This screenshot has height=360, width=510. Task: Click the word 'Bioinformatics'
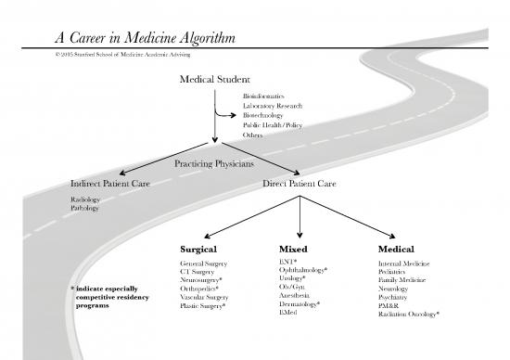click(x=263, y=96)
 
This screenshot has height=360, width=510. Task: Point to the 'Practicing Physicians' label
click(x=213, y=164)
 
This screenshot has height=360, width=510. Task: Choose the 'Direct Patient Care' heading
click(x=300, y=183)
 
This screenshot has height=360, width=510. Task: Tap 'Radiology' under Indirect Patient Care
click(x=85, y=199)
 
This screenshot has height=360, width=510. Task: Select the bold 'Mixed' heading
click(x=293, y=250)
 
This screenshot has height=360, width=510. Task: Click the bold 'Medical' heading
click(x=396, y=250)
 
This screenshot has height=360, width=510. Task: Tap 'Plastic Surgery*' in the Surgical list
click(x=204, y=305)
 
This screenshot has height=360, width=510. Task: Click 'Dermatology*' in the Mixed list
click(x=300, y=304)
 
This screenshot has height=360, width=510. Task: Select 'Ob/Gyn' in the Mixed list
click(x=291, y=286)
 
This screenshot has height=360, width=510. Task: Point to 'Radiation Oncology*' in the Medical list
click(x=409, y=315)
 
